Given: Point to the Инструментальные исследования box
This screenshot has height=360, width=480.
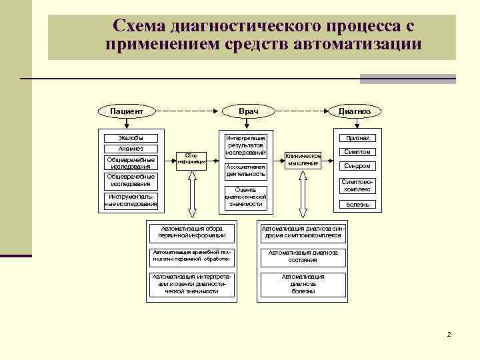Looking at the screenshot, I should [131, 200].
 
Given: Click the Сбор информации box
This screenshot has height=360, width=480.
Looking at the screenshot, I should [192, 159].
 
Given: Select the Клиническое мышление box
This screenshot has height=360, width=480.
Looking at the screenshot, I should [304, 159].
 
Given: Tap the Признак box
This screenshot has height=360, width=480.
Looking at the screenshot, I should [357, 138].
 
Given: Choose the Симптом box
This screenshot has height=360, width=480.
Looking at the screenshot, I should [357, 152].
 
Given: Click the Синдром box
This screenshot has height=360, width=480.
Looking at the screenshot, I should [357, 166].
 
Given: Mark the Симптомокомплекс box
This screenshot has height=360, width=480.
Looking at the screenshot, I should [357, 185].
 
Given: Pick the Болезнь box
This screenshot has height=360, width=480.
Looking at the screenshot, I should [357, 204].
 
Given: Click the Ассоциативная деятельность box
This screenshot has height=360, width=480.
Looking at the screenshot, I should [246, 170].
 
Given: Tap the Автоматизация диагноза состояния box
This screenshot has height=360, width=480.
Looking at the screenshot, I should [303, 256].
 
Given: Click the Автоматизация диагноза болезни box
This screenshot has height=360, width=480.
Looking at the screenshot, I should [303, 284].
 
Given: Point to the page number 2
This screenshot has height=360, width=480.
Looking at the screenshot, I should [449, 334].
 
